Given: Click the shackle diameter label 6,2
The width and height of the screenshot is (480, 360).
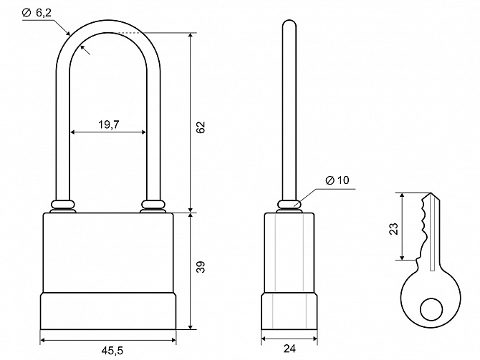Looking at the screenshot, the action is coord(44,13).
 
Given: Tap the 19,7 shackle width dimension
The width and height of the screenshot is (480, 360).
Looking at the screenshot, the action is coord(109,125).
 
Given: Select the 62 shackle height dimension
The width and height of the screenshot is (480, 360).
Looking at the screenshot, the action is coord(201,127).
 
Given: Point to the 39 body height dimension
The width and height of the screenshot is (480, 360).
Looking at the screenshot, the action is coord(201,267).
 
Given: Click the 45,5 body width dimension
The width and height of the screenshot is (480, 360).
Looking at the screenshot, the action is coord(112,351).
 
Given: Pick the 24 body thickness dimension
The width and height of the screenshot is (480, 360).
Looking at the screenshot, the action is coord(289,349).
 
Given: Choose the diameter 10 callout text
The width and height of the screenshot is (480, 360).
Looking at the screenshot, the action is coord(337,180).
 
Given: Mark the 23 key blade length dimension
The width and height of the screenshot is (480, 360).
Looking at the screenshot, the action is coord(394,228).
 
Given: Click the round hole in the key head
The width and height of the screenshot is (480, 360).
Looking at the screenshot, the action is coord(431,309).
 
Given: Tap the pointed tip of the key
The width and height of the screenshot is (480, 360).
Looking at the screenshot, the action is coord(431,193).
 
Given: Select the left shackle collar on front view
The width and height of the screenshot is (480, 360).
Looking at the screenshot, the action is coord(63,204).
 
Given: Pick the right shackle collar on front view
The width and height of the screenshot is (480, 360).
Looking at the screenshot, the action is coord(153,204).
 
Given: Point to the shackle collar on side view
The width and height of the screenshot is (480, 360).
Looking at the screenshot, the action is coord(289,204).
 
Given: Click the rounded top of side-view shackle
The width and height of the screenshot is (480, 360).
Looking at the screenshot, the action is coord(289,23).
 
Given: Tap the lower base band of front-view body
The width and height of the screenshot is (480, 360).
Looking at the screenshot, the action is coord(108,311).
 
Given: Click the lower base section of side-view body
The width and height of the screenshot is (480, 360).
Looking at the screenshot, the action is coord(289,311).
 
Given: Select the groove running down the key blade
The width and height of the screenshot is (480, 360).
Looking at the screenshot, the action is coord(432,233).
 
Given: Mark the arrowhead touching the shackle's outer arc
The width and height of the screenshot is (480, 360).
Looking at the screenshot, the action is coord(67,32).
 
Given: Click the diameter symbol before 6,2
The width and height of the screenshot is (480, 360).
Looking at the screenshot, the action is coord(27,13).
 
